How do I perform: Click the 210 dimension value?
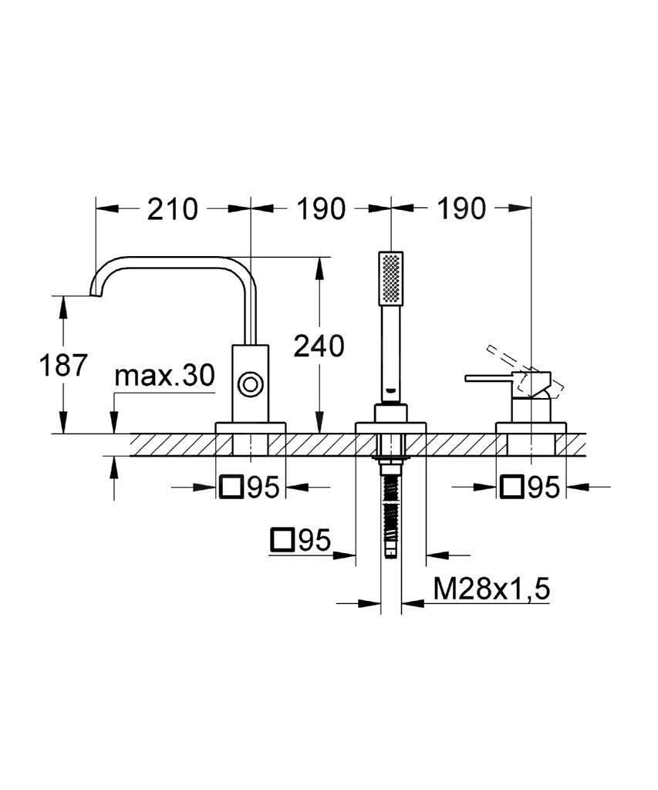pos(173,208)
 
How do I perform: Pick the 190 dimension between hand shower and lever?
pos(461,208)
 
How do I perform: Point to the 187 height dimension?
pos(64,365)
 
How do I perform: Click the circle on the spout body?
pos(250,383)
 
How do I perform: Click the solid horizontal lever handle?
pos(494,378)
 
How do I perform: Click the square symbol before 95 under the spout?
pos(231,487)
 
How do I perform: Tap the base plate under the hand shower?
pos(390,427)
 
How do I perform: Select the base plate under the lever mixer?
pos(531,427)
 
